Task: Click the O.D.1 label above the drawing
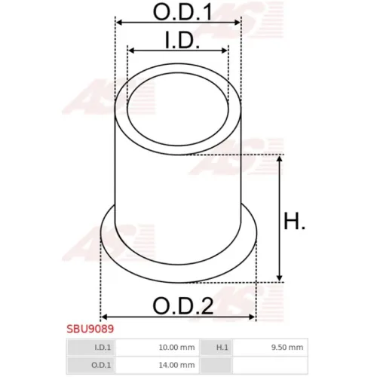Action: [182, 12]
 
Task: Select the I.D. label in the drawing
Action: [182, 40]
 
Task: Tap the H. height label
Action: [294, 221]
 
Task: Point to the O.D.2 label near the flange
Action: [183, 305]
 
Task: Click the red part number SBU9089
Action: [90, 329]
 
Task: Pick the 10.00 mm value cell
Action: [158, 348]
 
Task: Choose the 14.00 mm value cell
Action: [158, 365]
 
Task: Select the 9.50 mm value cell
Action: [270, 348]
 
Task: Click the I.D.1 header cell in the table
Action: [91, 348]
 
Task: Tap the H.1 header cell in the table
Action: [216, 348]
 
